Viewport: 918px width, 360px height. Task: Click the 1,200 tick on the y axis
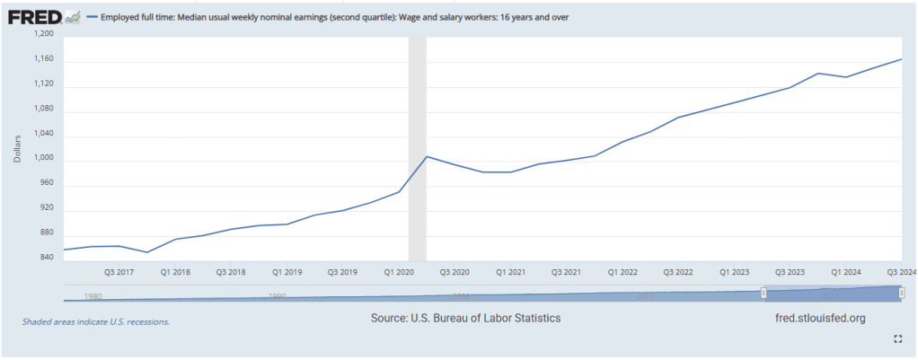(x=43, y=34)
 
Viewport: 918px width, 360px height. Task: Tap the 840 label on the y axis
(x=46, y=258)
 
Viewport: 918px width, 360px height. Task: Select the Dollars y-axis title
(x=18, y=146)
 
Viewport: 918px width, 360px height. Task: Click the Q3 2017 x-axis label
(x=119, y=270)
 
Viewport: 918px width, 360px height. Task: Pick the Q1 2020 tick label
(x=399, y=270)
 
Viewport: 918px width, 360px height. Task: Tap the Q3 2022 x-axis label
(x=678, y=270)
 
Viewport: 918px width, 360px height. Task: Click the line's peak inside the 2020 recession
(x=426, y=157)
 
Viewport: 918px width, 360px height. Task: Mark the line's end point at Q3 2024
(x=901, y=59)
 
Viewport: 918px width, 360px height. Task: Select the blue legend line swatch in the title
(x=92, y=17)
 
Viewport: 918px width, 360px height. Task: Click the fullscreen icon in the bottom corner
(x=897, y=338)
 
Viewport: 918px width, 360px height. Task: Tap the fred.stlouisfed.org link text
(x=819, y=319)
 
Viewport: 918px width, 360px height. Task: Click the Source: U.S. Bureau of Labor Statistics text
(x=465, y=319)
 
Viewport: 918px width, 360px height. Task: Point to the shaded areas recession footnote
(x=95, y=320)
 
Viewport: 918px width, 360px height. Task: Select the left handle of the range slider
(x=764, y=293)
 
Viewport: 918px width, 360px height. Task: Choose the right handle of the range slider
(x=901, y=293)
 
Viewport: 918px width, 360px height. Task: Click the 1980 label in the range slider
(x=93, y=295)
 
